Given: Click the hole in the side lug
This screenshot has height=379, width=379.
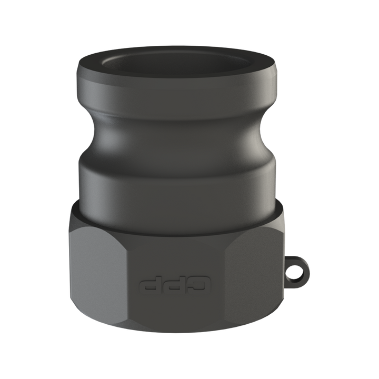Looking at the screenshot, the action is click(x=295, y=274).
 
